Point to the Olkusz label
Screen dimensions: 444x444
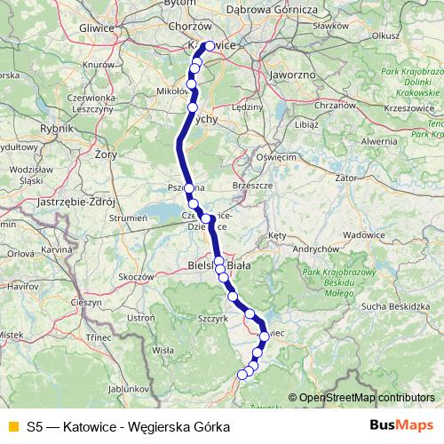coord(387,36)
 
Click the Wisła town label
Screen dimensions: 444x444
coord(163,350)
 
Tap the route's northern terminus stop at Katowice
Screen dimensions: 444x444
coord(209,47)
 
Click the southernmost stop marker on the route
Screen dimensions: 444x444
coord(242,375)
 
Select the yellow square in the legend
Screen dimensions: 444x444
coord(12,426)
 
